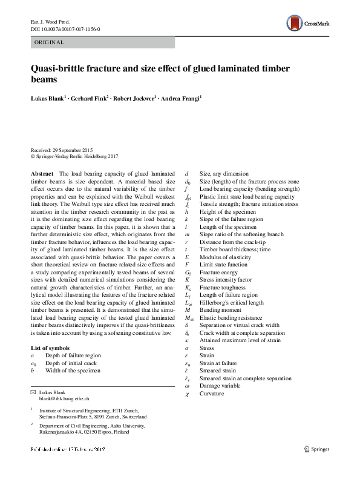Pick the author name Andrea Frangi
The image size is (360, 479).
pyautogui.click(x=182, y=97)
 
